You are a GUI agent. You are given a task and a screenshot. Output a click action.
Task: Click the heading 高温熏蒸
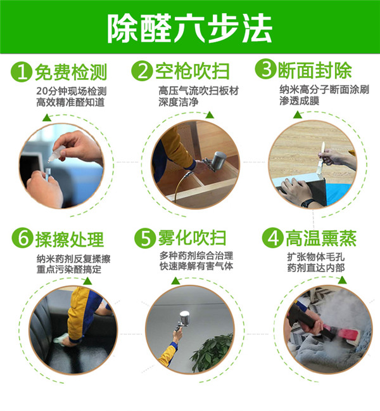tap(320, 239)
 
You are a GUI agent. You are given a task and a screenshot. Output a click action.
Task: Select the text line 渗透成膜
tap(300, 101)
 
